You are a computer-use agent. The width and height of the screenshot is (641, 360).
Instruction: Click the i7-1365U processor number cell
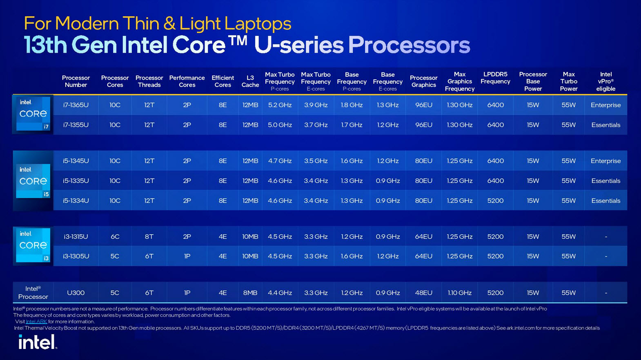[76, 105]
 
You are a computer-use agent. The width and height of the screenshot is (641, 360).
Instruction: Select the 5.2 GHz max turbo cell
[280, 105]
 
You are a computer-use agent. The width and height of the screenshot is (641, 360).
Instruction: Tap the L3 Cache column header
[250, 81]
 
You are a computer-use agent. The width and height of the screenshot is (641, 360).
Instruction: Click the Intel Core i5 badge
[33, 181]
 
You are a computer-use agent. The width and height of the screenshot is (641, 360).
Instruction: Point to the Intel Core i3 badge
[33, 245]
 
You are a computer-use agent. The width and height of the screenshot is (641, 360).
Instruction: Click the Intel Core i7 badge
[33, 114]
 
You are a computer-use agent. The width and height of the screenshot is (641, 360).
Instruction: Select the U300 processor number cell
[76, 293]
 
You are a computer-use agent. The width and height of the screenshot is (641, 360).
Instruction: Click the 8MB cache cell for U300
[250, 293]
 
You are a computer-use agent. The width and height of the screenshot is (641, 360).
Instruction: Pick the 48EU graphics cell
[423, 293]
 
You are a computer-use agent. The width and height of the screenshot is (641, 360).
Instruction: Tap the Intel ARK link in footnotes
[36, 322]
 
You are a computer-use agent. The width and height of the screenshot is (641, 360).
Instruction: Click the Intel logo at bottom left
[38, 342]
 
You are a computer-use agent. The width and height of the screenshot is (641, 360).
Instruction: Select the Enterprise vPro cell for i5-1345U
[605, 161]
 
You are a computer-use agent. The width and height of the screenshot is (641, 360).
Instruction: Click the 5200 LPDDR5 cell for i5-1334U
[495, 200]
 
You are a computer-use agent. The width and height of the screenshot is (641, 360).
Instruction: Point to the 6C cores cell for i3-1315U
[115, 236]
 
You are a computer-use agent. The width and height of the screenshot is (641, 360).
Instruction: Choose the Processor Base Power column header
[533, 81]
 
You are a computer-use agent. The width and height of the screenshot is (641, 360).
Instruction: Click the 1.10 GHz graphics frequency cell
[459, 293]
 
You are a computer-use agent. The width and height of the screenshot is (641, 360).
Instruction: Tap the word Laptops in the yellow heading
[258, 24]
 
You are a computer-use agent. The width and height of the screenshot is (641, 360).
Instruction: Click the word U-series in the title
[298, 45]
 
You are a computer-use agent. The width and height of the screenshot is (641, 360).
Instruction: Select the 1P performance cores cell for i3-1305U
[187, 256]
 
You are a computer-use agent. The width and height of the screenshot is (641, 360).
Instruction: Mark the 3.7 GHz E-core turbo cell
[316, 125]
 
